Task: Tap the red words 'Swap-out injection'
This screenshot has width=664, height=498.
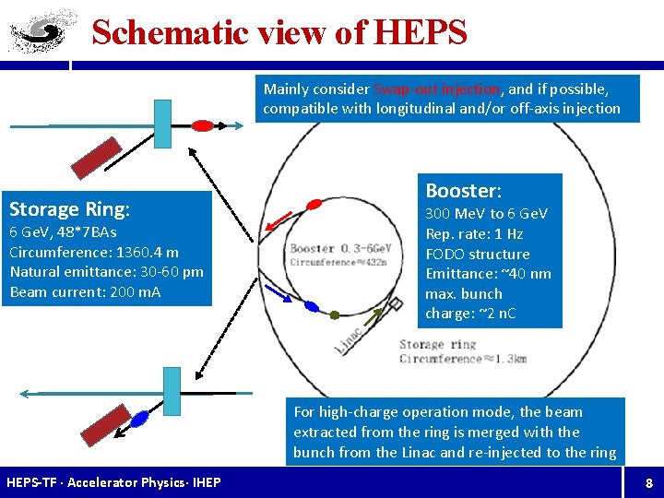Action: (436, 89)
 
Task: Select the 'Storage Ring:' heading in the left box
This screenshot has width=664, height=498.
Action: (69, 207)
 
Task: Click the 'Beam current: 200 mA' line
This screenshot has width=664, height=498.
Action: (85, 291)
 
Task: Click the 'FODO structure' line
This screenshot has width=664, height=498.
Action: (478, 254)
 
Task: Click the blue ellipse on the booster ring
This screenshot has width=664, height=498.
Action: (312, 306)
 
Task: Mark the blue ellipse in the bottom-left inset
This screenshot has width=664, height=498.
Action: (140, 419)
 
